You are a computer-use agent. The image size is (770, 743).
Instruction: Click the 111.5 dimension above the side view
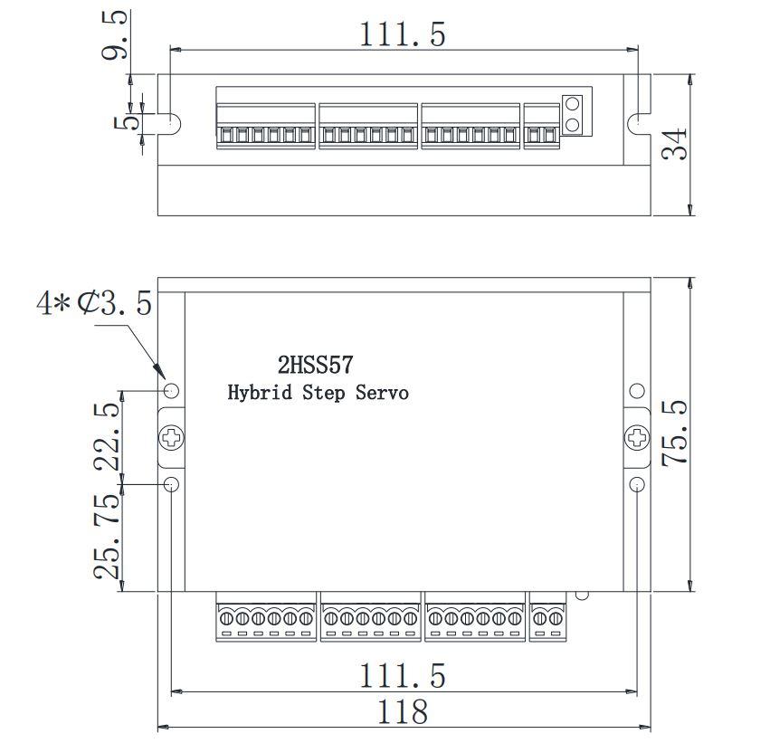click(404, 33)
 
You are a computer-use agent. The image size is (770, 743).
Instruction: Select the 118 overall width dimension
click(404, 711)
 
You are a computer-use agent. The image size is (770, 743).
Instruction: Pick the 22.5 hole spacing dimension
click(107, 436)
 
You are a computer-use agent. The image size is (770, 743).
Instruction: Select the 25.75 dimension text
click(107, 536)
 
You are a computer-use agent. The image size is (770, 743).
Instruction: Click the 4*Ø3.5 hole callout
click(94, 303)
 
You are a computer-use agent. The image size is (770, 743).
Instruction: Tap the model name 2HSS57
click(315, 366)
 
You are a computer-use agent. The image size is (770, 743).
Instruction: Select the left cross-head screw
click(172, 438)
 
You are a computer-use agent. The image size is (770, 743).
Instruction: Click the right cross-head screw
click(637, 438)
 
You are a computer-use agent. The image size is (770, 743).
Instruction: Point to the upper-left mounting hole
click(172, 391)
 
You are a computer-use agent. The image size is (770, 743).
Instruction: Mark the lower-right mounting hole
click(637, 483)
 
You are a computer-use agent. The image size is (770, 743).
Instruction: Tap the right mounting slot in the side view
click(638, 120)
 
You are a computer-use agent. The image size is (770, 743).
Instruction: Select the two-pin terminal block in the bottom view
click(547, 618)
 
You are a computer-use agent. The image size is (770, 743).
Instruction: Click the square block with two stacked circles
click(572, 114)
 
